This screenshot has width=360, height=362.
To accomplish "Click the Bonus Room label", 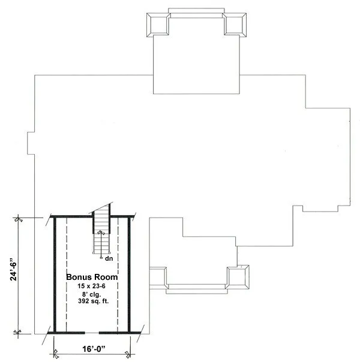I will pyautogui.click(x=91, y=277).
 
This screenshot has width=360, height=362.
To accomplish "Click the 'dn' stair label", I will pyautogui.click(x=109, y=259).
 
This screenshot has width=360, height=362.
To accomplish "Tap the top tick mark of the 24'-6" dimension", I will pyautogui.click(x=19, y=219).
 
